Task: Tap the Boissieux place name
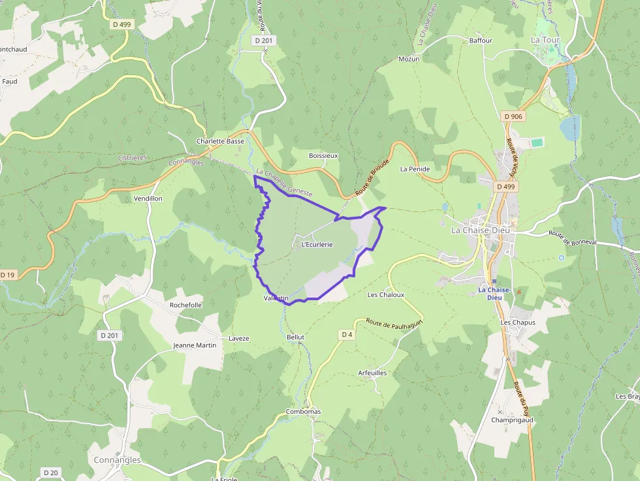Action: (323, 155)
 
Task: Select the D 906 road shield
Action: (514, 116)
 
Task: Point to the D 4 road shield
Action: (347, 335)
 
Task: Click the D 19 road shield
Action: (7, 275)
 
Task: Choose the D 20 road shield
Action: (50, 472)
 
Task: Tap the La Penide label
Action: (415, 168)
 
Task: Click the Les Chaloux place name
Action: (386, 294)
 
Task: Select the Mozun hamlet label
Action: (409, 59)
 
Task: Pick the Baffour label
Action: (481, 40)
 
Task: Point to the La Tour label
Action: (545, 40)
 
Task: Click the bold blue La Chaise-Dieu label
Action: (494, 293)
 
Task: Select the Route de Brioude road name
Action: (372, 178)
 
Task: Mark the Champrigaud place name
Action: (512, 420)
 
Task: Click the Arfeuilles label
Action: (372, 373)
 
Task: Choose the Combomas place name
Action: (303, 412)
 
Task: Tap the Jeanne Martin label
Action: (194, 345)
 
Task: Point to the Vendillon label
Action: (148, 198)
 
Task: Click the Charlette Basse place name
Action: (221, 141)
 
